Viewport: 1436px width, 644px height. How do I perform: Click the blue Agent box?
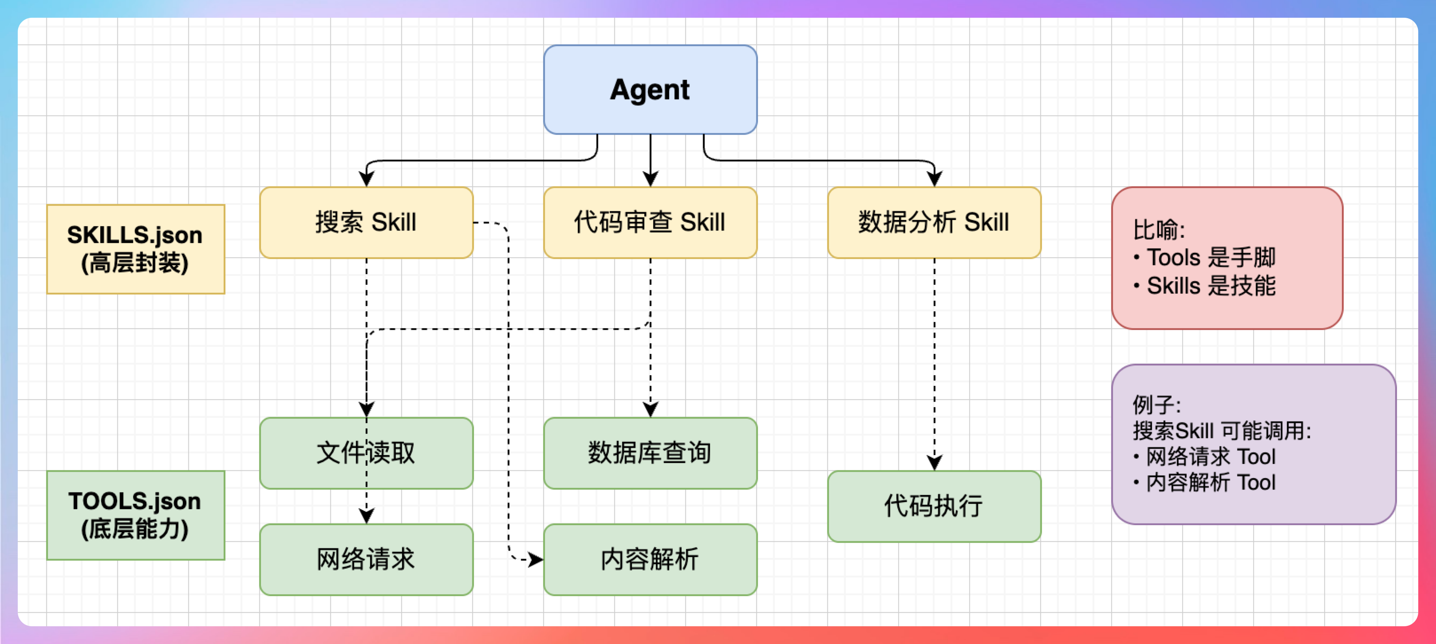[x=650, y=90]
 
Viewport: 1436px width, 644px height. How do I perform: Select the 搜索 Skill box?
[x=366, y=222]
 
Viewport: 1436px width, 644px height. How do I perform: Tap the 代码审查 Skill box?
[x=650, y=222]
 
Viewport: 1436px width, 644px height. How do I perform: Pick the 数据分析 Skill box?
[x=934, y=222]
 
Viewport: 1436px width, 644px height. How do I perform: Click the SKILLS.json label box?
[x=135, y=249]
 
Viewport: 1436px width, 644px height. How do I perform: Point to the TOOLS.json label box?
[x=135, y=515]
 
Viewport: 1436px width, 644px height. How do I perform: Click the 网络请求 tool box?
[x=366, y=559]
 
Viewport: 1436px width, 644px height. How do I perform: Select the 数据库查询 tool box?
[x=650, y=453]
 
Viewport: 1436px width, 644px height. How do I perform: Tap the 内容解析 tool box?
[x=650, y=559]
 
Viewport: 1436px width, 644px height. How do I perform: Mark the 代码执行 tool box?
[x=934, y=506]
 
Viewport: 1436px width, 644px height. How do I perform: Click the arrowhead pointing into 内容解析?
[x=536, y=559]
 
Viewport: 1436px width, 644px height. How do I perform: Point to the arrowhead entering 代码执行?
[x=934, y=463]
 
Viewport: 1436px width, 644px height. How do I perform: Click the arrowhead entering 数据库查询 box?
[x=651, y=409]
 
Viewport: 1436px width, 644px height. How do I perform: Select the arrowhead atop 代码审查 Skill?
[x=651, y=179]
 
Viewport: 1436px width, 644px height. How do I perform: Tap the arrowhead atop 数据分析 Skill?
[x=934, y=179]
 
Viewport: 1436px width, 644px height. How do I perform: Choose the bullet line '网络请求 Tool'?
[x=1210, y=457]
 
